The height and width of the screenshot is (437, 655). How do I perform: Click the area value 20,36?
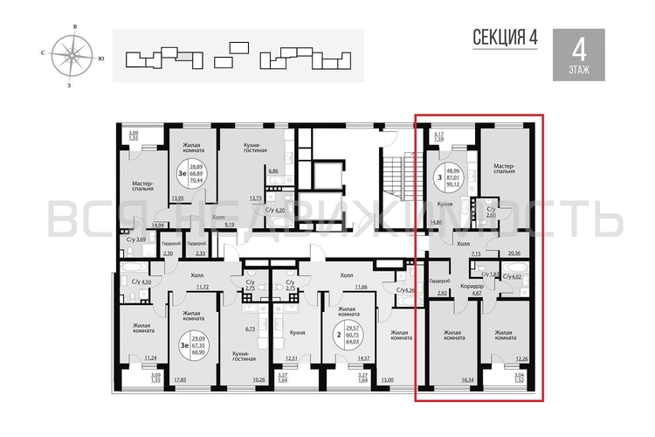click(x=514, y=253)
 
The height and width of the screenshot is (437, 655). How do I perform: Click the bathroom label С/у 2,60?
click(x=491, y=212)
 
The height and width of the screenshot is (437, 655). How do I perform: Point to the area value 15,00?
click(x=388, y=380)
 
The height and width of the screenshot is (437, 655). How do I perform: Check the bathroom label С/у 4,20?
click(x=275, y=211)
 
